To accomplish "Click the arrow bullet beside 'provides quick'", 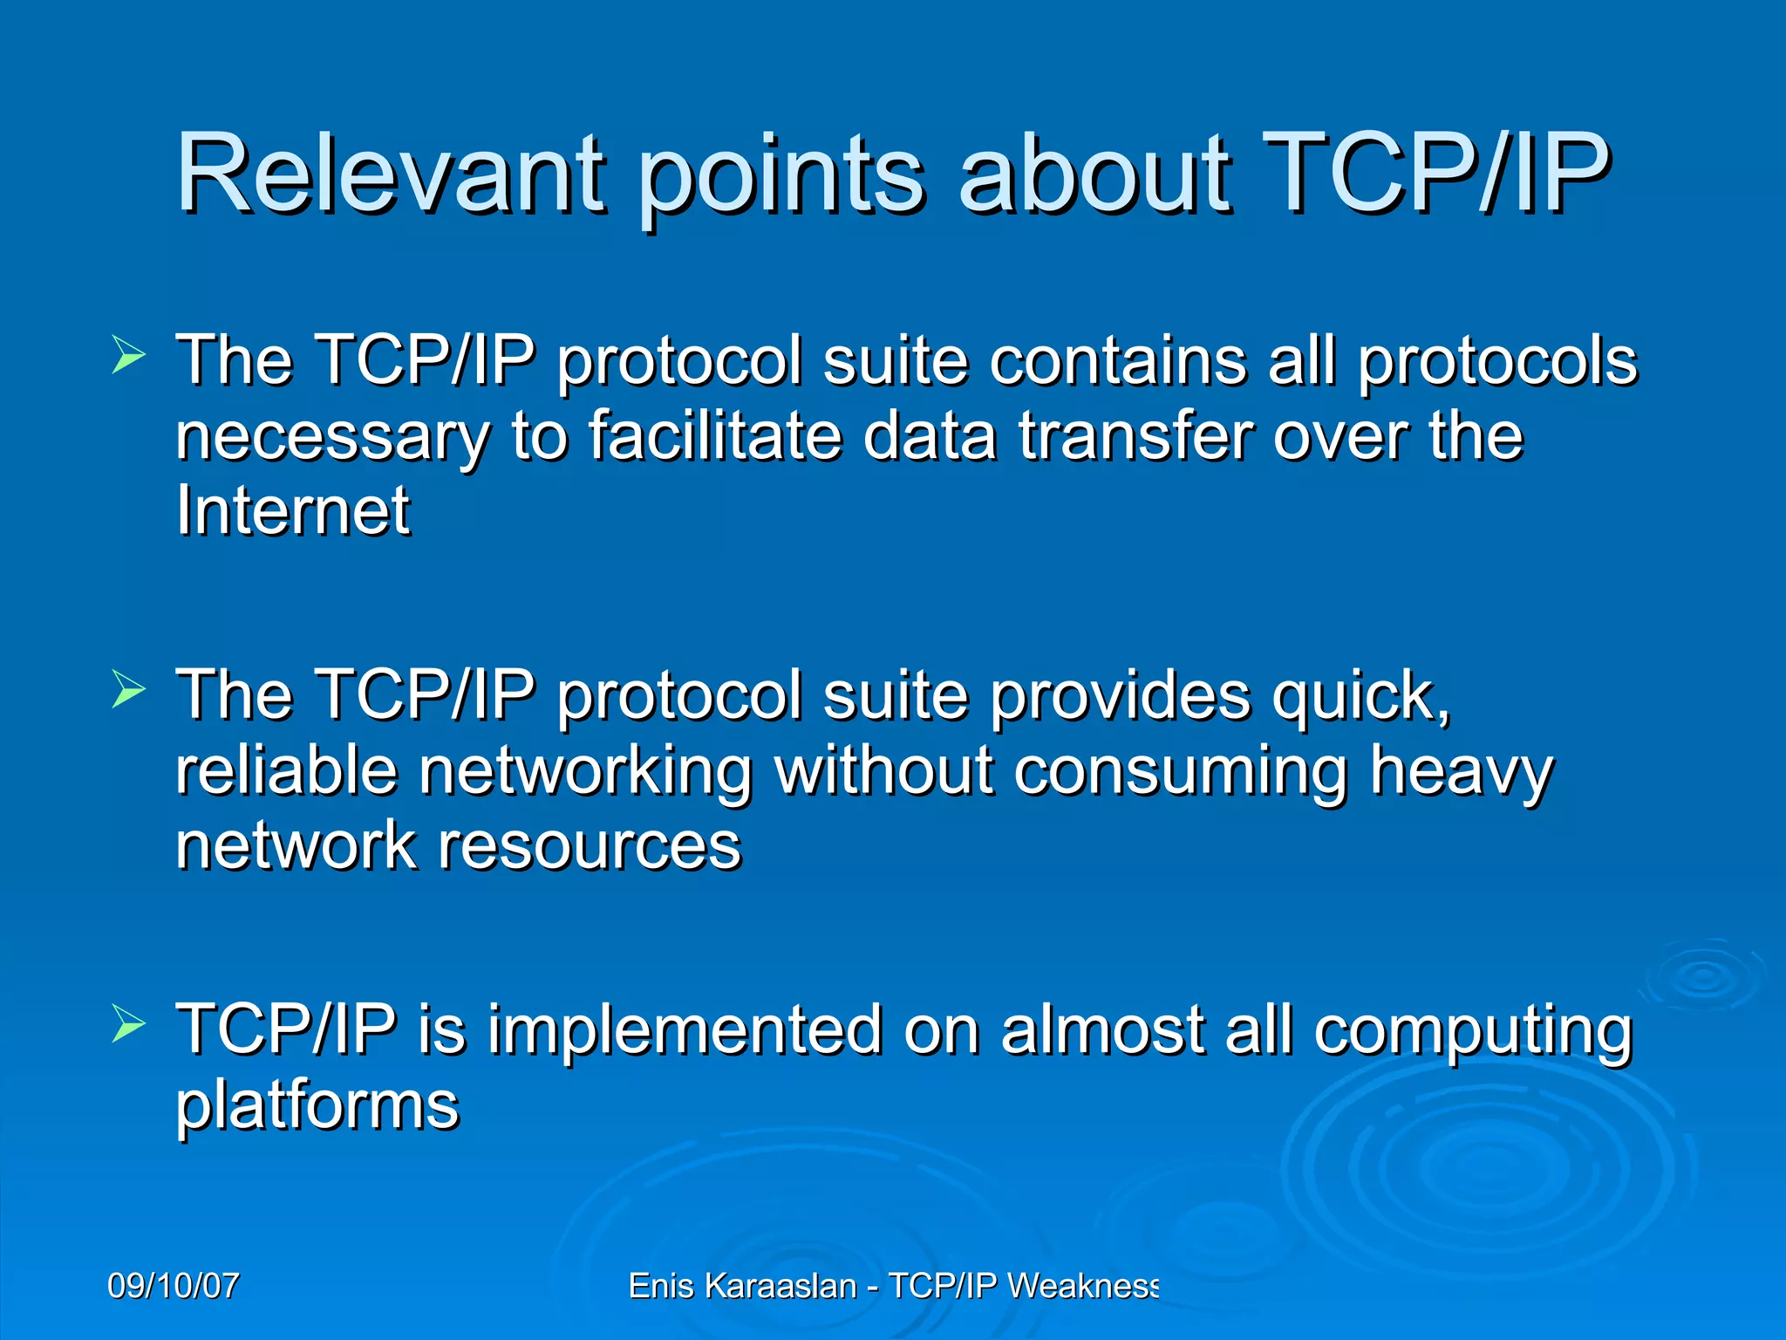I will (x=128, y=691).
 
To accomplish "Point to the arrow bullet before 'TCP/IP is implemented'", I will (x=128, y=1026).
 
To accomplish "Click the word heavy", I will (x=1461, y=771).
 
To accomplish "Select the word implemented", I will (x=685, y=1029).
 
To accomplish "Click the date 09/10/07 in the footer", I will (x=173, y=1286).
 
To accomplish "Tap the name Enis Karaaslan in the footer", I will (x=742, y=1286).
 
